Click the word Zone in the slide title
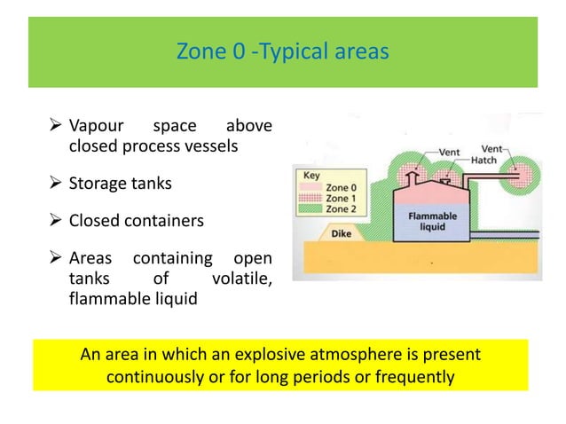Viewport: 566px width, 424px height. click(200, 52)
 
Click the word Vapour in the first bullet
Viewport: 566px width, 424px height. click(98, 127)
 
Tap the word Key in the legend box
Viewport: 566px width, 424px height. click(310, 175)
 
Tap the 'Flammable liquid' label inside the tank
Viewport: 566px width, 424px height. click(432, 220)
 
